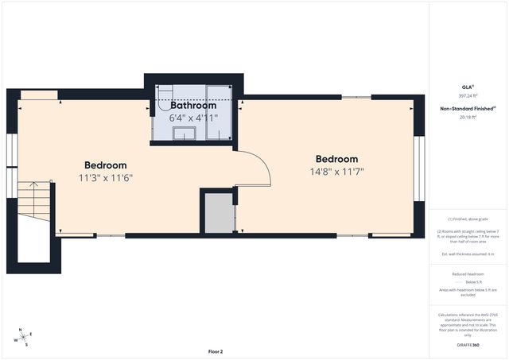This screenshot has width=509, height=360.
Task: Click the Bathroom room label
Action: click(192, 106)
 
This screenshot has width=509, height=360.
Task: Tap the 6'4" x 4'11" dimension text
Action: click(192, 118)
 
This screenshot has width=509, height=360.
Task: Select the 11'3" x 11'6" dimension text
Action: click(105, 177)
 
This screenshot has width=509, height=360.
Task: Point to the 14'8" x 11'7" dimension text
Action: click(336, 171)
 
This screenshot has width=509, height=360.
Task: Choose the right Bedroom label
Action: click(336, 159)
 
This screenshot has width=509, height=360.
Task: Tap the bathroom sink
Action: click(185, 133)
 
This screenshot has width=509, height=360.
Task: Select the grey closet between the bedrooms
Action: click(218, 214)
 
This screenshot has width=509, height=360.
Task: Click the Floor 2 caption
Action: click(216, 351)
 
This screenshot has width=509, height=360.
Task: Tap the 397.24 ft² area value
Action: click(468, 96)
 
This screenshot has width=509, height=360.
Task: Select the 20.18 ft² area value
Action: click(468, 117)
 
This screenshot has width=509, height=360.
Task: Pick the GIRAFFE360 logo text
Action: click(468, 345)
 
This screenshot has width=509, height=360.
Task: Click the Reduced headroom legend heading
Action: click(468, 273)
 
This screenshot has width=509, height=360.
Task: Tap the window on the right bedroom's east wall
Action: click(418, 169)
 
